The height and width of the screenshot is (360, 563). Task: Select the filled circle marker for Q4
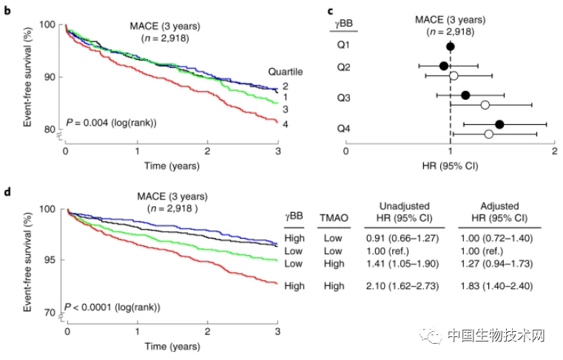click(499, 124)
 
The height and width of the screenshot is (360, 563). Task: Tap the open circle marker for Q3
click(485, 104)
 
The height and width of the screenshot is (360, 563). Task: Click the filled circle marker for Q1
click(451, 47)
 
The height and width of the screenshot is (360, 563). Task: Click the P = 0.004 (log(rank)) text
click(112, 122)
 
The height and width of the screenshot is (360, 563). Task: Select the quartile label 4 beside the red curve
click(285, 123)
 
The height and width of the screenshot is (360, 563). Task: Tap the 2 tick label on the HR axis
click(555, 152)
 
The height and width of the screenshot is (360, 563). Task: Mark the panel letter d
click(7, 194)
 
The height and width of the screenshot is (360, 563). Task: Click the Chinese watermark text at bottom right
click(496, 336)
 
